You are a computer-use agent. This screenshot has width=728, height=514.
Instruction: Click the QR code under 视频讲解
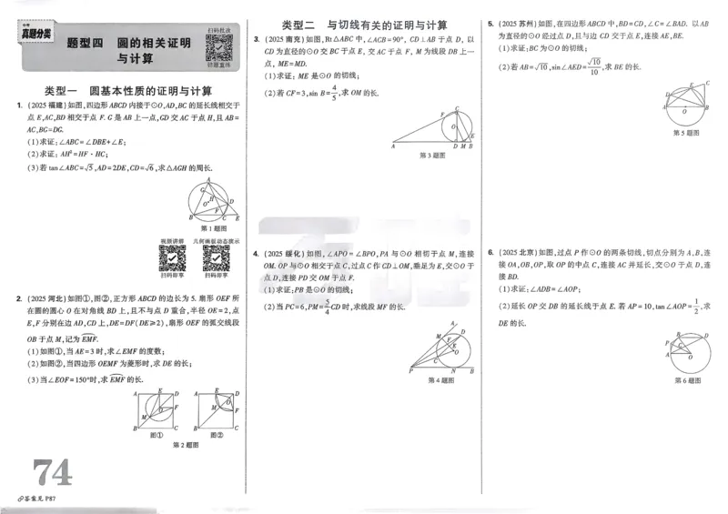[x=172, y=259]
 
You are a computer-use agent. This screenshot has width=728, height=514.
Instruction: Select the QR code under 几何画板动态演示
[x=216, y=259]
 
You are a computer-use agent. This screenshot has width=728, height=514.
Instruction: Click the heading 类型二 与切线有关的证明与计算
[x=363, y=25]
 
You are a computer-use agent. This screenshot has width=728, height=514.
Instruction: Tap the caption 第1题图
[x=212, y=227]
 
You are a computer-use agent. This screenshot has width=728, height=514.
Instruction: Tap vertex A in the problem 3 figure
[x=393, y=146]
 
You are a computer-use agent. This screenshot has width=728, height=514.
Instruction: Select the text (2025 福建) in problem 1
[x=45, y=106]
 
